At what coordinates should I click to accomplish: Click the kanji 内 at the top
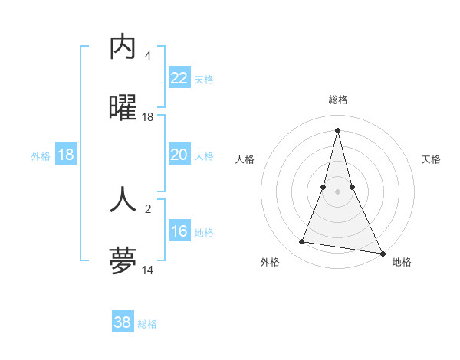click(x=123, y=47)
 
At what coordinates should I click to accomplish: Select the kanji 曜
click(x=123, y=109)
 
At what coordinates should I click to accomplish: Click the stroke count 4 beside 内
click(x=148, y=56)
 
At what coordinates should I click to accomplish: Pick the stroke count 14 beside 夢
click(x=148, y=270)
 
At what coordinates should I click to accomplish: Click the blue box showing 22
click(x=179, y=78)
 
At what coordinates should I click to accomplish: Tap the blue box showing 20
click(x=179, y=155)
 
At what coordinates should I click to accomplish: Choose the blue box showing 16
click(x=179, y=231)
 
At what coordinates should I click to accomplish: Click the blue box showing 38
click(x=123, y=322)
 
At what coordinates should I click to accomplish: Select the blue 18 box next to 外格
click(x=66, y=155)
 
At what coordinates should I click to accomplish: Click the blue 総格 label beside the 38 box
click(x=147, y=324)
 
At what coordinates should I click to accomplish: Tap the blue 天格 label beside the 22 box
click(x=204, y=80)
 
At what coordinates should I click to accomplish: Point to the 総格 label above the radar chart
click(x=337, y=100)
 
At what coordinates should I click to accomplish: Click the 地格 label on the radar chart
click(x=402, y=263)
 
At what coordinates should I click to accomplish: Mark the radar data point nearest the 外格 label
click(x=302, y=242)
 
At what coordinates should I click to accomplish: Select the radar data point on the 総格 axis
click(x=337, y=130)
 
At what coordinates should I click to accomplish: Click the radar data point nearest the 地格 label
click(x=383, y=252)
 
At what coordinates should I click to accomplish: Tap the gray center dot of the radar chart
click(x=337, y=191)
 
